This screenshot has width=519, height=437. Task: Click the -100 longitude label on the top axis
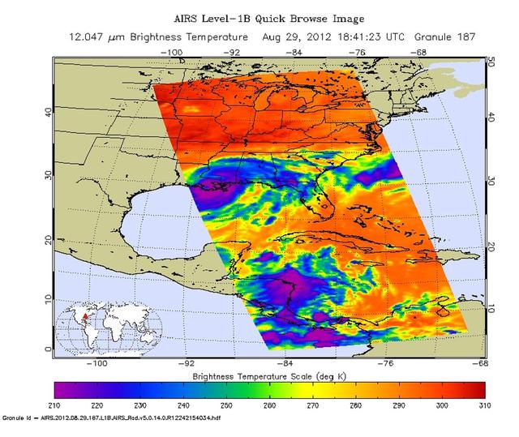coord(171,51)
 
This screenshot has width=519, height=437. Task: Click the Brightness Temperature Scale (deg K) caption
coord(270,377)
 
